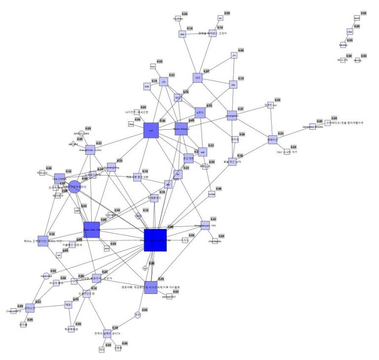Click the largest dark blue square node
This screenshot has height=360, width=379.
click(x=155, y=240)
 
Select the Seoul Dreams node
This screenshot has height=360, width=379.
click(x=181, y=129)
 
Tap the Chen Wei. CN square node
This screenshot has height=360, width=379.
click(x=91, y=230)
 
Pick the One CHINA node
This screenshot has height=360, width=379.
click(x=59, y=179)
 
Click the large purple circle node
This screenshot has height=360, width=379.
click(x=74, y=187)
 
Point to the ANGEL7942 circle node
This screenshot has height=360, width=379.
click(x=82, y=133)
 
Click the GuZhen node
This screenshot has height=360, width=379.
click(x=178, y=18)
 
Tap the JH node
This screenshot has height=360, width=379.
click(x=234, y=56)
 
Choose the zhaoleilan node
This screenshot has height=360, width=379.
click(x=215, y=242)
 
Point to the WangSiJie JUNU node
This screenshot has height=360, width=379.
click(x=90, y=150)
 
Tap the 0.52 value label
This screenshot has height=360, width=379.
click(x=209, y=106)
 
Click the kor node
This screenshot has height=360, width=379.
click(x=153, y=67)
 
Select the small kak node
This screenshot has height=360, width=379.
click(x=147, y=86)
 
